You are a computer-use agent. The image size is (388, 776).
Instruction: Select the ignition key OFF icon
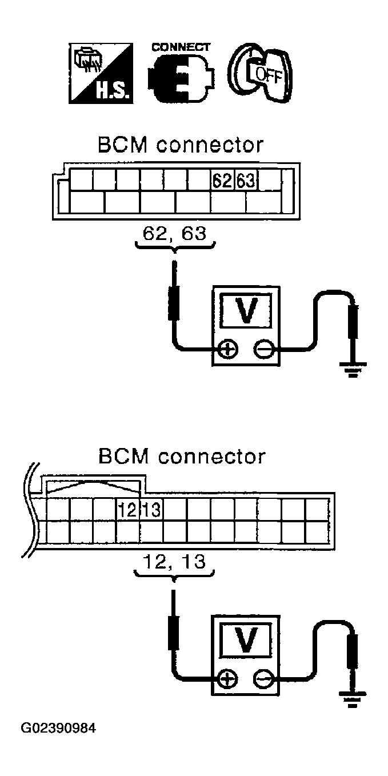[260, 73]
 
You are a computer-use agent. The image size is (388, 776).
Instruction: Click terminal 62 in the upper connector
[222, 181]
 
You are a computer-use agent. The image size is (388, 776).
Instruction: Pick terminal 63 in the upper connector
[246, 181]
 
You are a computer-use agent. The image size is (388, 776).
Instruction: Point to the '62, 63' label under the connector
[174, 235]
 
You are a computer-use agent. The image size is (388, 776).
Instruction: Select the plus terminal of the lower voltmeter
[228, 679]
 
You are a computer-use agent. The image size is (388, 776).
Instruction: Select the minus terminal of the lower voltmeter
[263, 679]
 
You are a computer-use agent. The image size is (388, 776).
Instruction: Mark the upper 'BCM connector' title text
[181, 145]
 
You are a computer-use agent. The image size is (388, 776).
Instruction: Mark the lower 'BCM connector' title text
[182, 457]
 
